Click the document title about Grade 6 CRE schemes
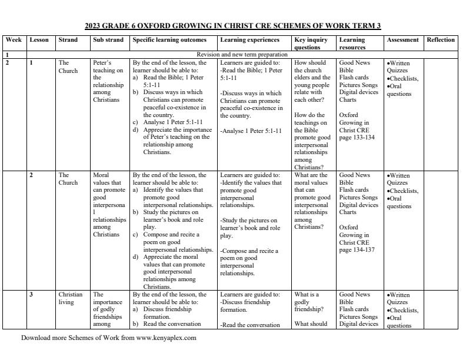[x=233, y=26]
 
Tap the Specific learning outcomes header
[x=169, y=40]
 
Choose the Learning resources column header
[x=352, y=44]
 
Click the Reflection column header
[x=441, y=40]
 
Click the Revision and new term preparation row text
[x=242, y=54]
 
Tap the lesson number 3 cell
[x=31, y=295]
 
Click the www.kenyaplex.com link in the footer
[x=166, y=338]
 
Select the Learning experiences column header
[x=250, y=40]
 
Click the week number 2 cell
[x=8, y=62]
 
